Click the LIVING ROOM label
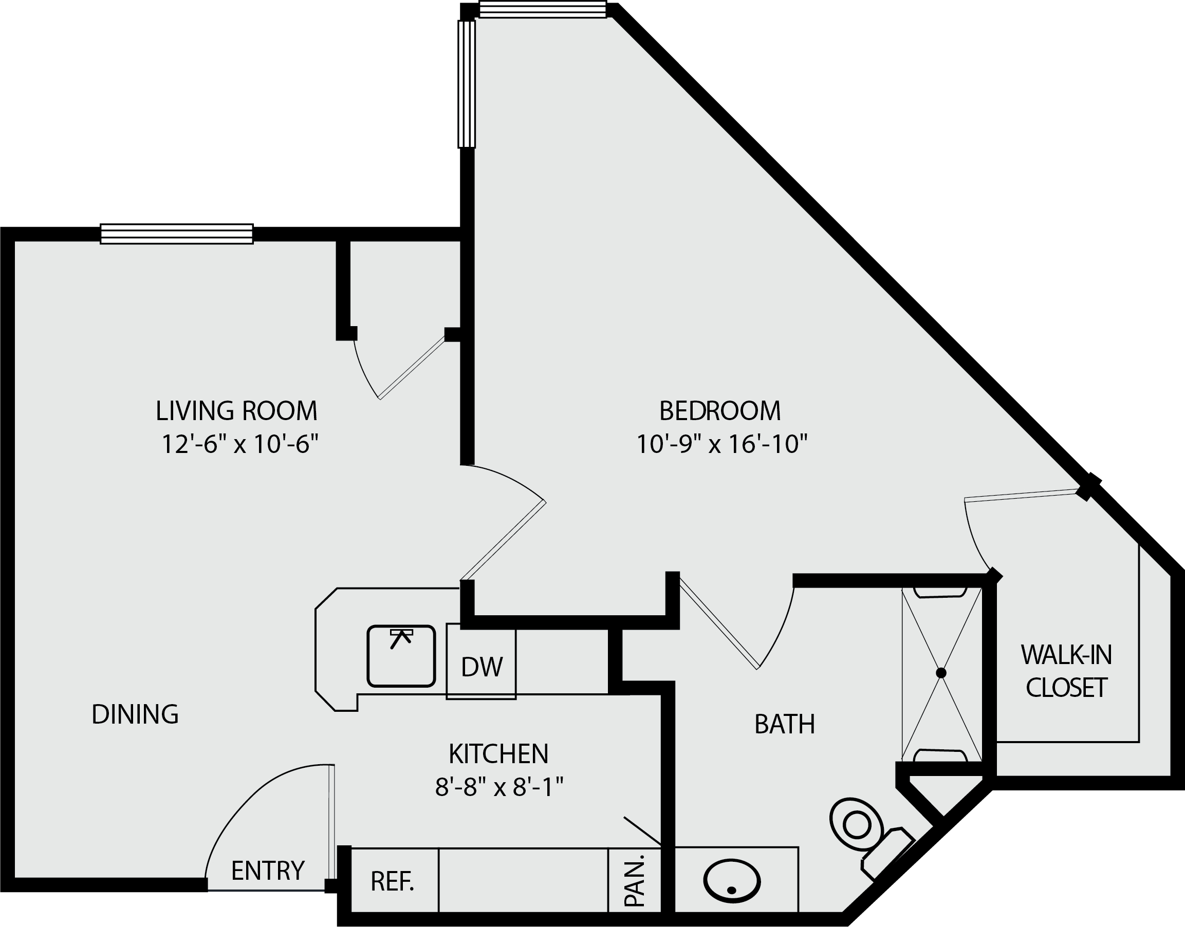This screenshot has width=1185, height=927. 236,411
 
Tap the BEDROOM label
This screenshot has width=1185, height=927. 720,411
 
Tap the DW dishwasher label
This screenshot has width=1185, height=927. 482,667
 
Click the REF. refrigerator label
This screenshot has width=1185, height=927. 392,881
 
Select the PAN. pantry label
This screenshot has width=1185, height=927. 634,880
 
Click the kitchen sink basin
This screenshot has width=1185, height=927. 401,656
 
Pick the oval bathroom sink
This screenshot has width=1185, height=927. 732,881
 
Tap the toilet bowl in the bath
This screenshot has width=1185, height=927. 857,825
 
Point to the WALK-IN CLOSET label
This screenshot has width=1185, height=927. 1067,671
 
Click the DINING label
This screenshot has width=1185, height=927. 135,714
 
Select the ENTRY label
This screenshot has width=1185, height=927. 268,871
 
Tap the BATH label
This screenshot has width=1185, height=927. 785,724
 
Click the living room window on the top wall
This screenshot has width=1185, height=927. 176,234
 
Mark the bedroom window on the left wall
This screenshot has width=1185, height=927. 467,84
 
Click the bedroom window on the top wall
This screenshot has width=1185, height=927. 543,9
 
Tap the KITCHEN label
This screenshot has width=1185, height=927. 499,753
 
